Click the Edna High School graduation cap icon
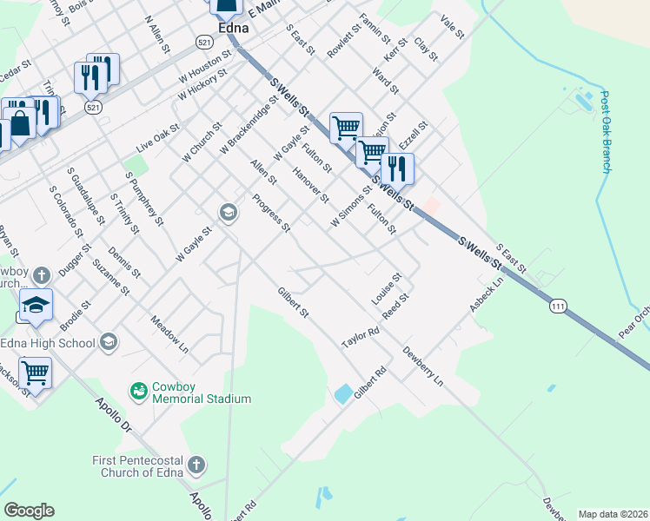109,342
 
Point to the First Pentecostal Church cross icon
196,465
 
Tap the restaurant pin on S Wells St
396,168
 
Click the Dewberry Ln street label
423,366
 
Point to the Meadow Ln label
169,333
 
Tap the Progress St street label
270,213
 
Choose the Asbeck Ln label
487,296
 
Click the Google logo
29,511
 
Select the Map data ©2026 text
613,514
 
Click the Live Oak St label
157,139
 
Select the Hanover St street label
311,186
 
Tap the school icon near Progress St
229,213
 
